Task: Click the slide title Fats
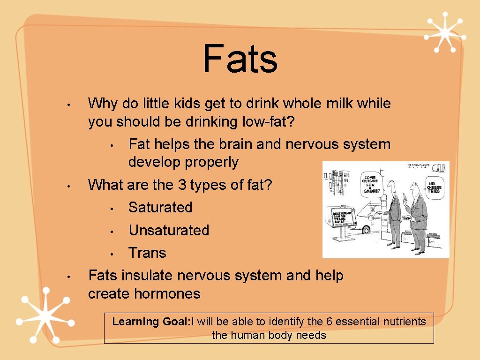240,60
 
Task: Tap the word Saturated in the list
160,207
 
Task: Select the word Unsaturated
169,230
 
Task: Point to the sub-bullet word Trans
147,253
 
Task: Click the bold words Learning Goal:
150,322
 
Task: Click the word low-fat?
269,122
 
